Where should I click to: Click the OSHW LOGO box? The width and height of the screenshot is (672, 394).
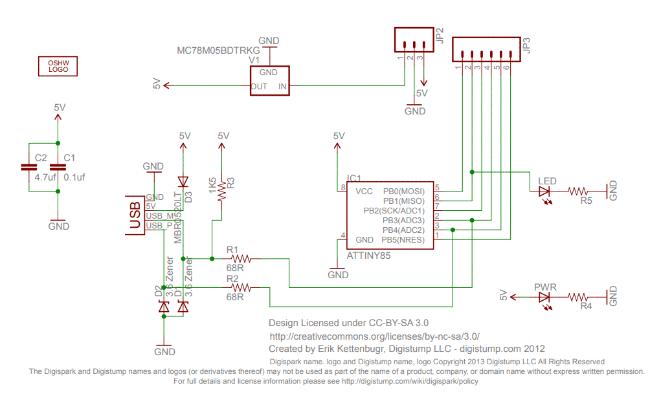click(58, 66)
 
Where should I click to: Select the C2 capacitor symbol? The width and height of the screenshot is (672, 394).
click(29, 167)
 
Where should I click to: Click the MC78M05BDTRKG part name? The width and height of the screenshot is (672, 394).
click(219, 50)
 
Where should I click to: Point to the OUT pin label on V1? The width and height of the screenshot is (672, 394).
click(259, 86)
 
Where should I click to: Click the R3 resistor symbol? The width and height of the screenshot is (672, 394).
click(222, 190)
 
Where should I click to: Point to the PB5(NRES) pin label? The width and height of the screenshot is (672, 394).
click(403, 240)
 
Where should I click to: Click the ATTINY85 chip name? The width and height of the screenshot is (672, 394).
click(369, 256)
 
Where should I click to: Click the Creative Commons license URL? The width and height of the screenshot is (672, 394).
click(374, 336)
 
